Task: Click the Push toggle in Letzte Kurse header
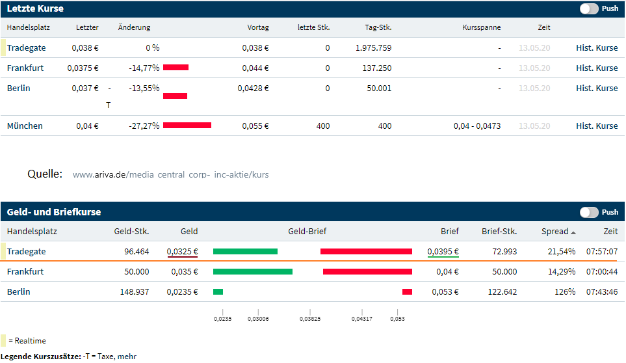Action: [x=589, y=8]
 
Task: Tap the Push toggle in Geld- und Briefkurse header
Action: [x=589, y=212]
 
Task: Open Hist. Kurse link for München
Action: [x=597, y=126]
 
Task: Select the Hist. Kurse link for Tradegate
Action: [x=597, y=47]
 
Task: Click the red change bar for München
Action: [x=187, y=126]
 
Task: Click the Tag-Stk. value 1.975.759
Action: [x=373, y=47]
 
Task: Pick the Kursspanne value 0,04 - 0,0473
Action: [x=477, y=126]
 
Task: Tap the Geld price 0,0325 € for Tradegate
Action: [x=182, y=252]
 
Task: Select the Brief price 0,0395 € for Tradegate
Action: [x=443, y=252]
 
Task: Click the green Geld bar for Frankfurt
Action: [x=252, y=272]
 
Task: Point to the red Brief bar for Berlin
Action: [x=407, y=292]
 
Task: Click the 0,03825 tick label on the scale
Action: [x=309, y=319]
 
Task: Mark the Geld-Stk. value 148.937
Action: [x=134, y=292]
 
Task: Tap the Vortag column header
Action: [x=257, y=27]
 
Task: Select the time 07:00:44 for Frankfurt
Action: [x=601, y=272]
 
